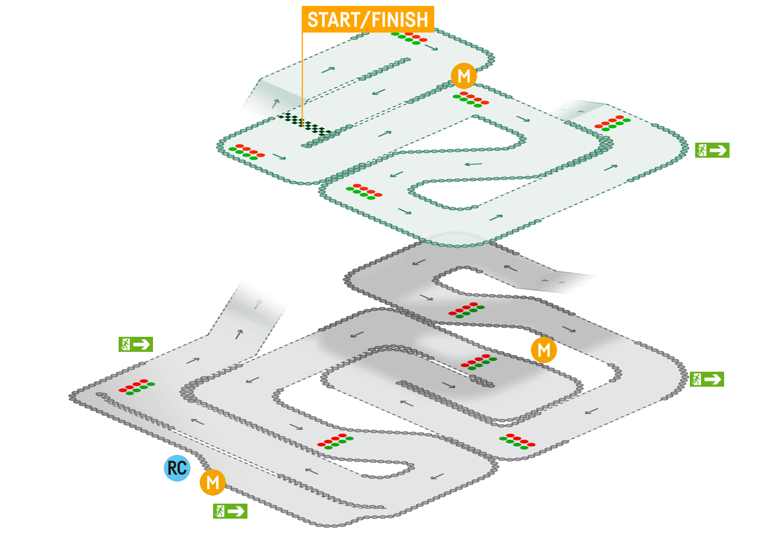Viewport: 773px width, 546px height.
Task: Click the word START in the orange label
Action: pos(332,20)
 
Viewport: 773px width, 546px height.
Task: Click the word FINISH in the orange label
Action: pos(400,20)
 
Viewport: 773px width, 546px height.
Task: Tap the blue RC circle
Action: pos(177,468)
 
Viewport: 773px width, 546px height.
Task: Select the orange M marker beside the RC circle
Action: pos(213,482)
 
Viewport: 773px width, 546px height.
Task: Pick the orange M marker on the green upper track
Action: pos(464,76)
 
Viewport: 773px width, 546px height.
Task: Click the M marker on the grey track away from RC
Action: pos(544,350)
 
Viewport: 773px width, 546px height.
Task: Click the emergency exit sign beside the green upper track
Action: pos(712,150)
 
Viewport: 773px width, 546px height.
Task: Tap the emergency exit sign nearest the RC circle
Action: pos(230,511)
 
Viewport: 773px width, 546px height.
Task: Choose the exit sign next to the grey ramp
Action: pos(135,344)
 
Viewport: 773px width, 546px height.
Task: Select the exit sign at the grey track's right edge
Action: pos(706,379)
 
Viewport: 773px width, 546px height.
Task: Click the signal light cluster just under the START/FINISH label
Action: pos(409,38)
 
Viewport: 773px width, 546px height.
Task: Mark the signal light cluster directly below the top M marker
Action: pos(471,99)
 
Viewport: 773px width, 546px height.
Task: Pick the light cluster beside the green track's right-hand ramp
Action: pos(612,122)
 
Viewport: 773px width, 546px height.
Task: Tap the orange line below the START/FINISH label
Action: pos(302,75)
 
